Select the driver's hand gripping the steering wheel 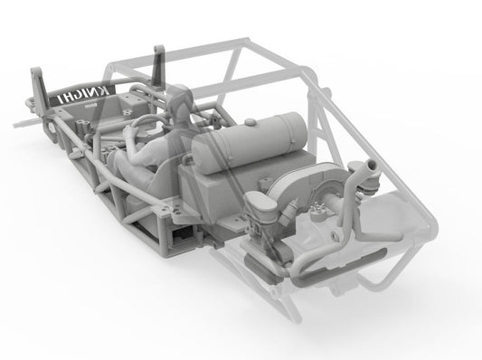point(129,133)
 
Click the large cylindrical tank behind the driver point(250,142)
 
